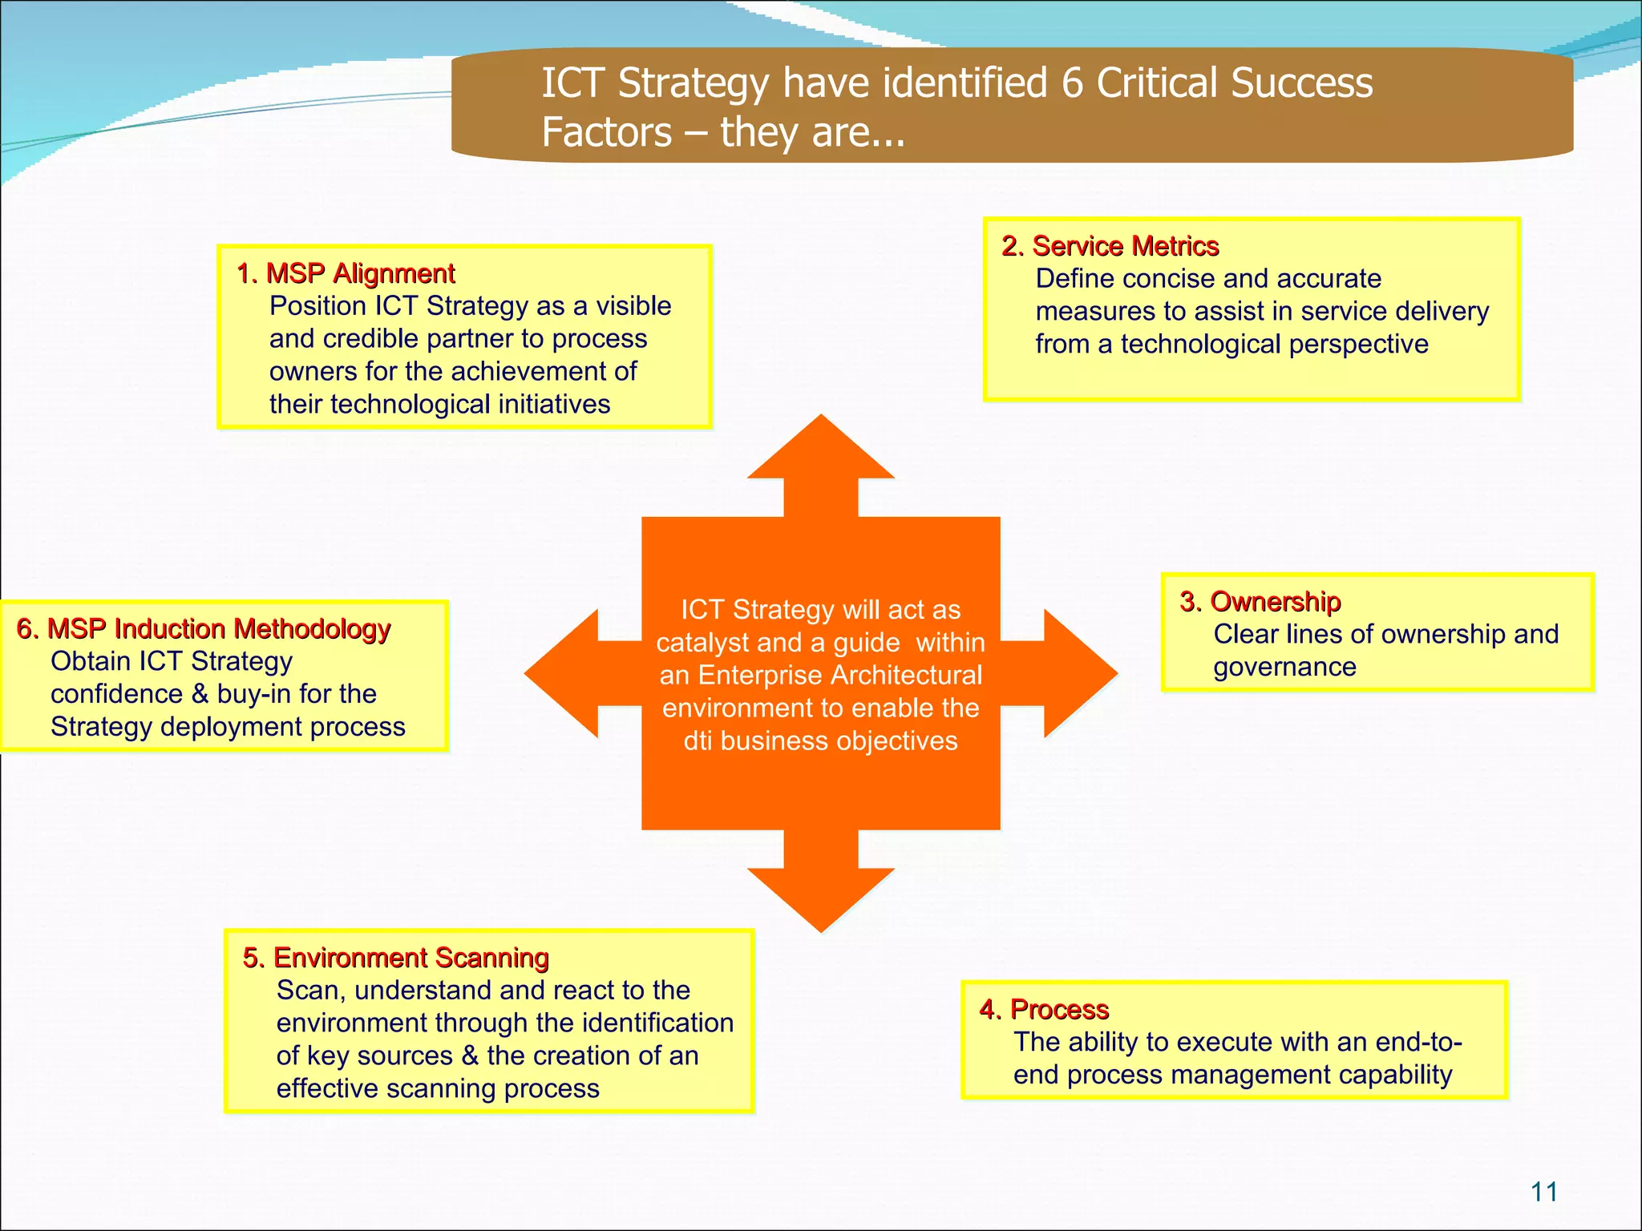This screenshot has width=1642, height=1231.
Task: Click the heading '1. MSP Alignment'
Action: pos(346,273)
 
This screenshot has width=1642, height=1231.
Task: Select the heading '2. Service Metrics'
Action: pos(1110,246)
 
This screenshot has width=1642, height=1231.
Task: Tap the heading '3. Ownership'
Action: pos(1260,601)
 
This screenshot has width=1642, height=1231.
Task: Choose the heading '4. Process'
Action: pos(1044,1009)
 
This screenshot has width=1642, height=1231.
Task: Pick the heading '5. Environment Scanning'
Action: pos(395,958)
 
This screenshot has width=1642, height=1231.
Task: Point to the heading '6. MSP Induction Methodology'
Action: pos(204,628)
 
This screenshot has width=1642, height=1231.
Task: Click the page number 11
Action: pos(1543,1192)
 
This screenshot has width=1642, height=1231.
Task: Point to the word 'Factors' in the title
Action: pos(607,132)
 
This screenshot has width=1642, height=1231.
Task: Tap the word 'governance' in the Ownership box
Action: pos(1284,667)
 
